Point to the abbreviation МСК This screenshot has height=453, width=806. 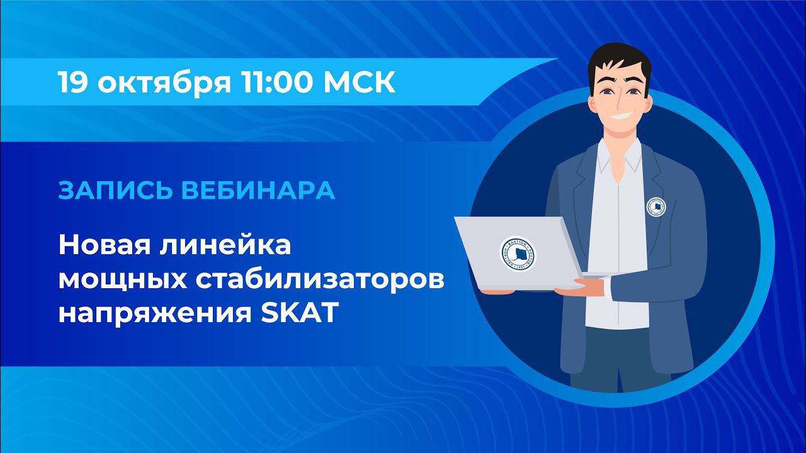coord(359,83)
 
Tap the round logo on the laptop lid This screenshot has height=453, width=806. coord(517,254)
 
